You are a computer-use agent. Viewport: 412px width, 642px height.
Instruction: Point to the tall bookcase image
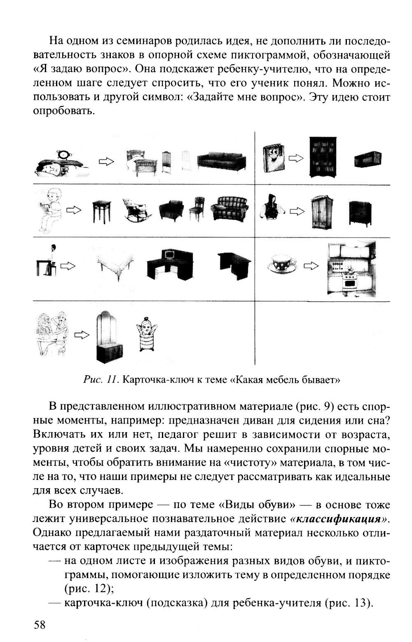pos(324,157)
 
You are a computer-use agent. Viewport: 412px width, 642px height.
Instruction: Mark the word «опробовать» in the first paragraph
pos(63,112)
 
